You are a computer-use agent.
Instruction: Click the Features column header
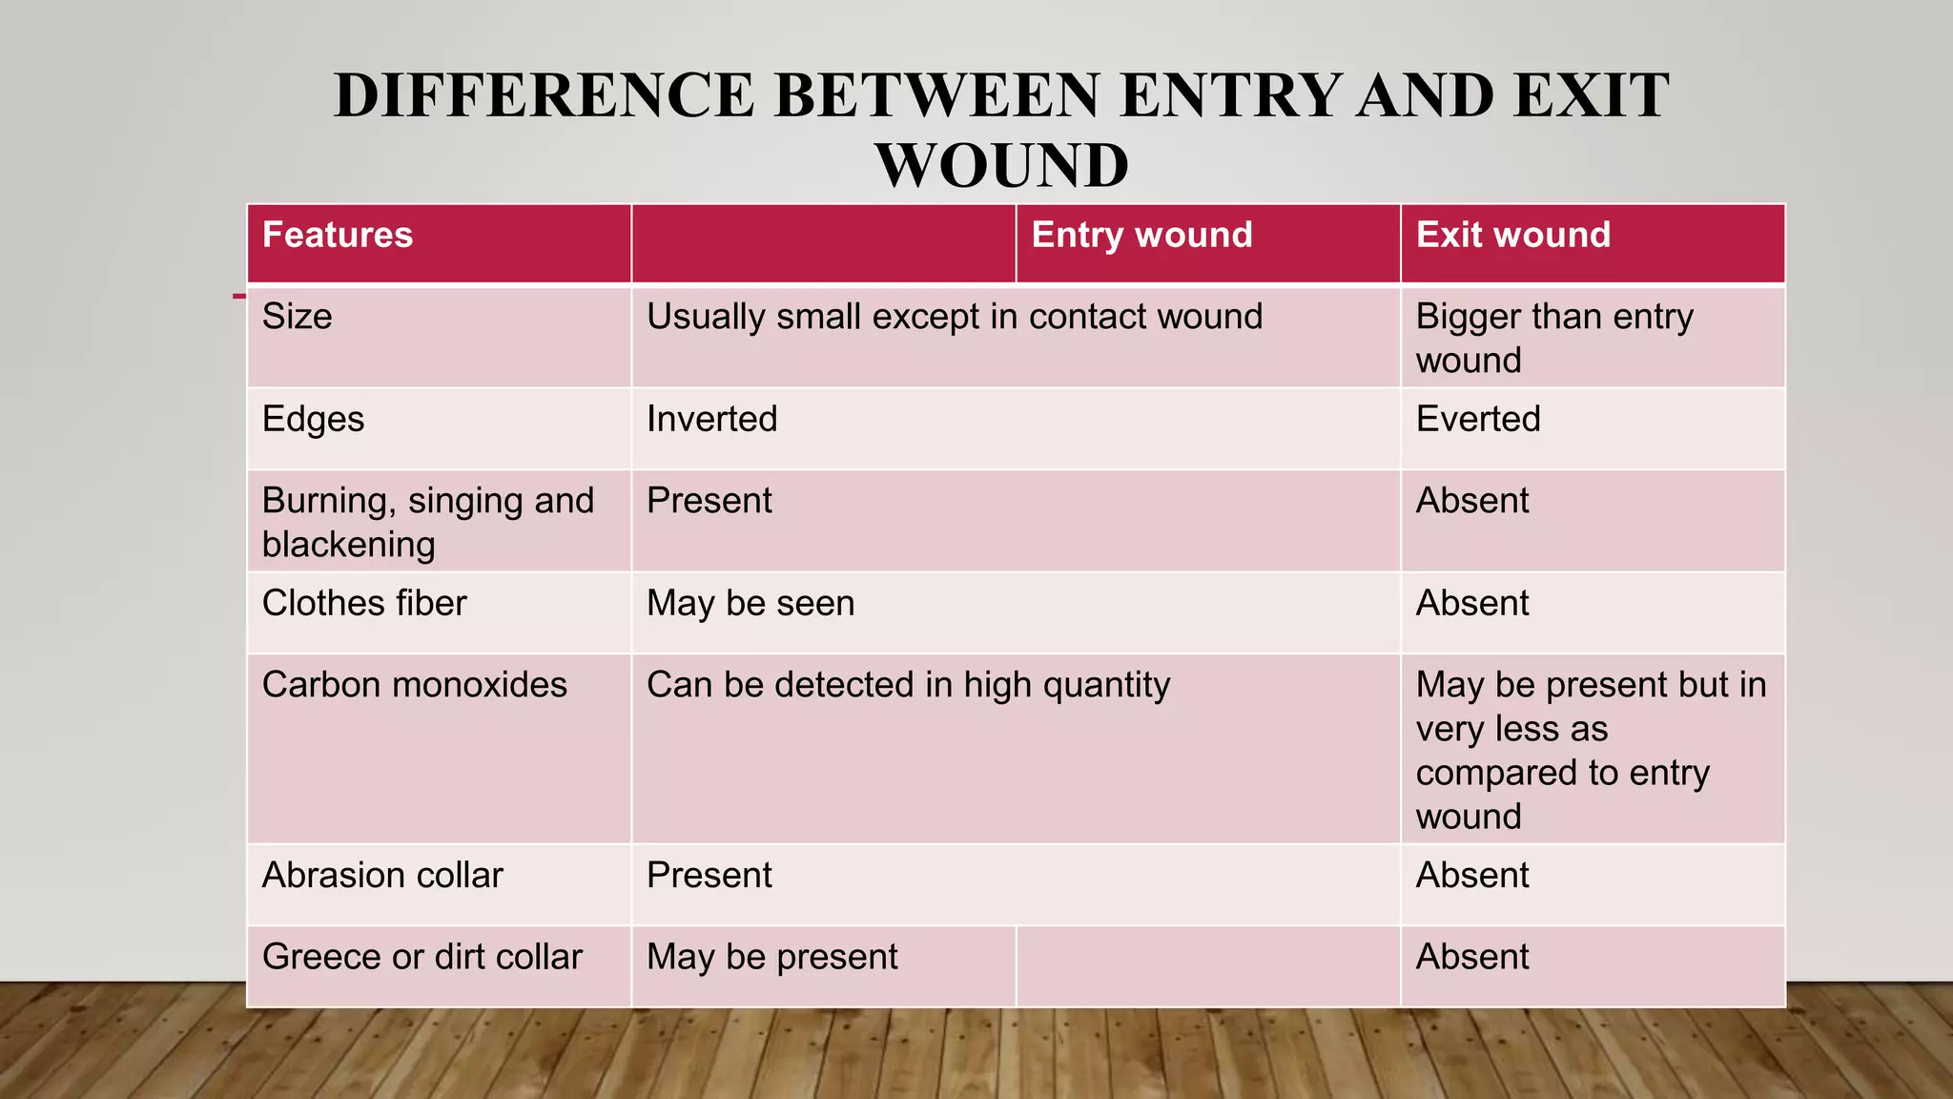tap(338, 236)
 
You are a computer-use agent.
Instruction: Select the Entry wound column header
tap(1141, 236)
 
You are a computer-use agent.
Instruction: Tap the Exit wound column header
tap(1512, 236)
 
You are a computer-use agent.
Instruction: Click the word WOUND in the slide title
tap(1002, 165)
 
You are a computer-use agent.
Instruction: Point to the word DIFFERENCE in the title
tap(545, 95)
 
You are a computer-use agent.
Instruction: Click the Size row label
tap(298, 317)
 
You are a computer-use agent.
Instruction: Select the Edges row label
tap(313, 420)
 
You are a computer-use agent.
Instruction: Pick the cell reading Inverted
tap(711, 420)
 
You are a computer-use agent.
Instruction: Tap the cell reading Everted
tap(1477, 420)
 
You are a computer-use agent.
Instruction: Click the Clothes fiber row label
tap(364, 604)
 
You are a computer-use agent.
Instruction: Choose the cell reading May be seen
tap(750, 604)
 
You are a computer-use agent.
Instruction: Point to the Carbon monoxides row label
tap(414, 685)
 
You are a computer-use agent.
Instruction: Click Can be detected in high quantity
tap(908, 685)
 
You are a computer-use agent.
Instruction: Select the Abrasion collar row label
tap(382, 876)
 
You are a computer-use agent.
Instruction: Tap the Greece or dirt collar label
tap(421, 957)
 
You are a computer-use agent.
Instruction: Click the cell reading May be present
tap(771, 957)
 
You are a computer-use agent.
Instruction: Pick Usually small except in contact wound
tap(954, 317)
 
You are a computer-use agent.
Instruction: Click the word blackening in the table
tap(348, 545)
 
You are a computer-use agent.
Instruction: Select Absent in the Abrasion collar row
tap(1471, 876)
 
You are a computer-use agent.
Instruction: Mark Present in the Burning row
tap(709, 501)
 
